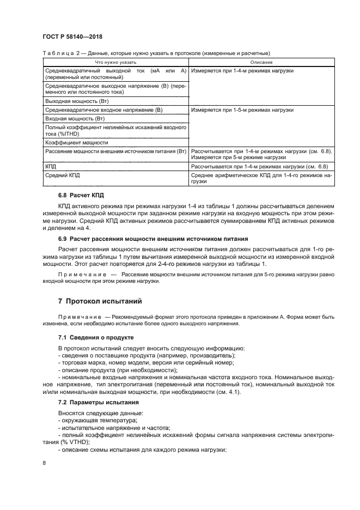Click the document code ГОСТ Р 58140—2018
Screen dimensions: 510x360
72,37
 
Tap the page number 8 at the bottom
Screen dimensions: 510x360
44,463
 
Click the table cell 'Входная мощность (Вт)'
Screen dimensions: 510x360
74,118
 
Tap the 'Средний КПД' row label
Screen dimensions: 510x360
63,175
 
